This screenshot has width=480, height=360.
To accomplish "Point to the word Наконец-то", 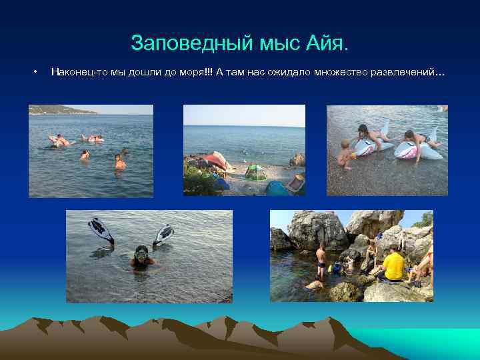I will click(76, 71).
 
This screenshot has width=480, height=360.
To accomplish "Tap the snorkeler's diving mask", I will click(141, 253).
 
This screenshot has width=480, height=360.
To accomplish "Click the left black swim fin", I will click(101, 230).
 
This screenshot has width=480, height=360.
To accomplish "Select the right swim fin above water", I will click(164, 233).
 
